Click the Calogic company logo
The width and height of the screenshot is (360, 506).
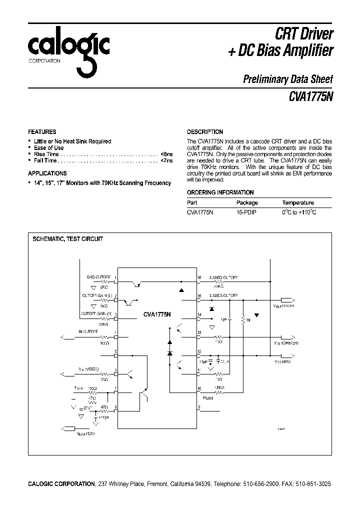pos(68,52)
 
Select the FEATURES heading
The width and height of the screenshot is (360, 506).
pos(42,132)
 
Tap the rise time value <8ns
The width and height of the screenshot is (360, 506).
pos(166,154)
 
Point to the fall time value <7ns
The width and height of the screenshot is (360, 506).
pos(166,161)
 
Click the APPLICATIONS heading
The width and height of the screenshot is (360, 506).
pos(47,173)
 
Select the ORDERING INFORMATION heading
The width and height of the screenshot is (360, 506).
pos(220,192)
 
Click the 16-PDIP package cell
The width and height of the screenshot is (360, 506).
pos(246,212)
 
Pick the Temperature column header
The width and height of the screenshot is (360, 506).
pos(298,202)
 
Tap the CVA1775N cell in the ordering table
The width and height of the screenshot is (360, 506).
pos(200,212)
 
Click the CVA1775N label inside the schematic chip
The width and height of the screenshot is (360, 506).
pos(156,314)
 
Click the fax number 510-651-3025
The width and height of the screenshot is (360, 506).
pos(312,484)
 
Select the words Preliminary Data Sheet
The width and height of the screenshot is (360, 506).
pos(287,78)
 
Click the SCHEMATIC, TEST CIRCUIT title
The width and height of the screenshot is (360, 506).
pos(67,239)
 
